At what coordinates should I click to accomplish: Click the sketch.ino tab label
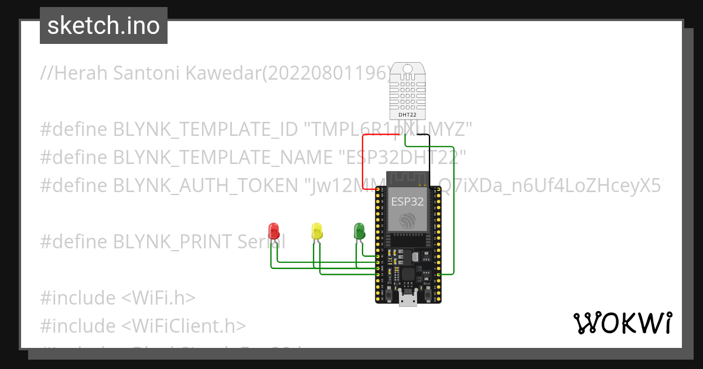click(103, 26)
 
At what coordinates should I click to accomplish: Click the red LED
click(273, 230)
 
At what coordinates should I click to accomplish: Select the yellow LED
click(317, 230)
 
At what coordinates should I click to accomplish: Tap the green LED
click(359, 230)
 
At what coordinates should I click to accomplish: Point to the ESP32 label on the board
click(407, 201)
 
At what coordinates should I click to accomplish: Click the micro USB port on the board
click(407, 299)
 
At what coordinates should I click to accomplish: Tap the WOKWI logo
click(622, 323)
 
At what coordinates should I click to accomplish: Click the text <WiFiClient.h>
click(183, 326)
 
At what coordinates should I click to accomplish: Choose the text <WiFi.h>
click(158, 298)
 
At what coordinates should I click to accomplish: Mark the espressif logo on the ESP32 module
click(407, 221)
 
